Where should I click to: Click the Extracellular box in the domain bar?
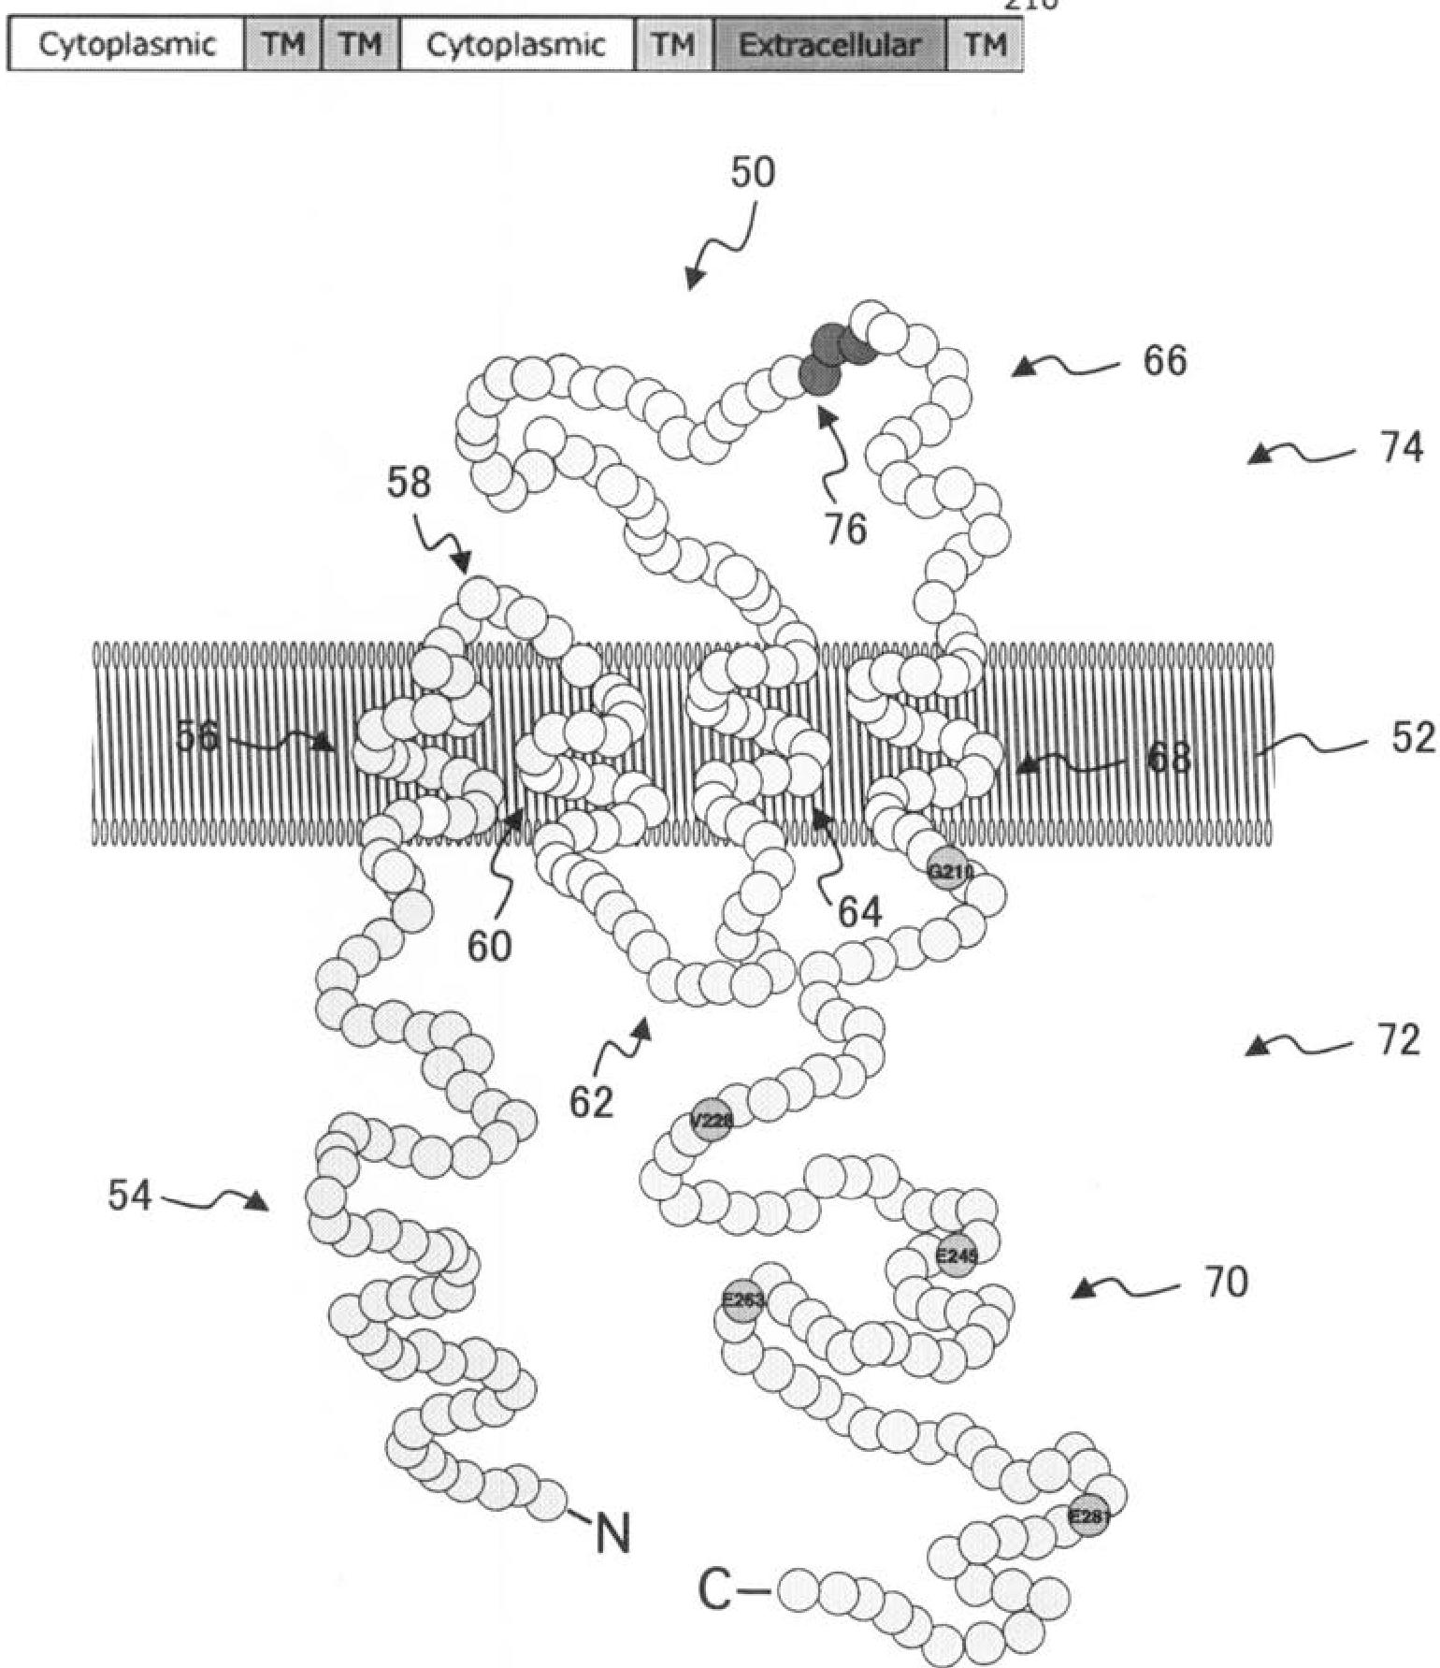point(829,45)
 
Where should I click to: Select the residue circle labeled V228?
point(711,1122)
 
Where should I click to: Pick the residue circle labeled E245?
point(956,1256)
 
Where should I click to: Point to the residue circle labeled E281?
point(1088,1516)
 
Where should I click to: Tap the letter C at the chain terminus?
point(718,1589)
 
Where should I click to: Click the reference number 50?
point(753,173)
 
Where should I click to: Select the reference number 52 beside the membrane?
point(1412,738)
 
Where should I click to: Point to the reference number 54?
point(129,1195)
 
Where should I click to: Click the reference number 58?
point(410,484)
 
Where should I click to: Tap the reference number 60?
point(489,947)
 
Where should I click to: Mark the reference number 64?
point(859,912)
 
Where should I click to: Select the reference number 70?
point(1226,1283)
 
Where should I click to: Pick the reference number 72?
point(1398,1040)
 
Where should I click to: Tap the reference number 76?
point(845,529)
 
